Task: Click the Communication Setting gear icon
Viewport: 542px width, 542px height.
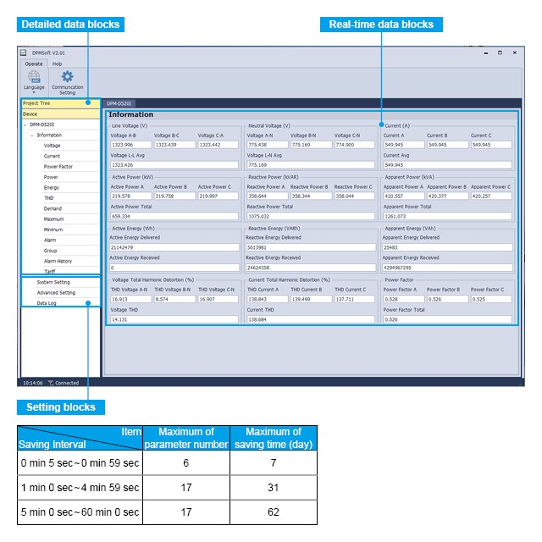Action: tap(67, 77)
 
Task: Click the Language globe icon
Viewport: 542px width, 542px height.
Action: tap(34, 77)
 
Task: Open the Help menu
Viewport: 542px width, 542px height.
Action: tap(57, 64)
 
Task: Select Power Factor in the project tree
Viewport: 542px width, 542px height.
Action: tap(58, 167)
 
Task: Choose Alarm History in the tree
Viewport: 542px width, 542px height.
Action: tap(58, 261)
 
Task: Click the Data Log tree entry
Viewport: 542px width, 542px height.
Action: tap(47, 302)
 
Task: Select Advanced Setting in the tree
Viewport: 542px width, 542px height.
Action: tap(56, 292)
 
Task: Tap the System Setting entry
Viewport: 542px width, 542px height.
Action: tap(53, 282)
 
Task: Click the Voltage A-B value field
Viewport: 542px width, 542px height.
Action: tap(130, 145)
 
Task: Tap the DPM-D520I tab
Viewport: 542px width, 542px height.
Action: tap(119, 102)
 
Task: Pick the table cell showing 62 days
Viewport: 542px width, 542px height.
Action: tap(274, 512)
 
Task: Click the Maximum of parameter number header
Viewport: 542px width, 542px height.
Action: tap(186, 438)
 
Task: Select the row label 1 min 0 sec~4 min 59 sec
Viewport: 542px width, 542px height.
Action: tap(80, 488)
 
